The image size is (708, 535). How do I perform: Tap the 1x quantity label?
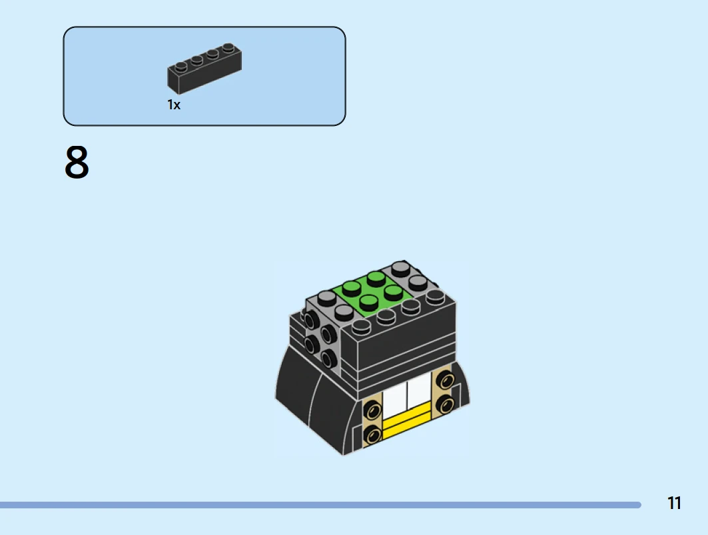point(174,105)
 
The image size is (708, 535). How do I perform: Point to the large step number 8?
point(77,162)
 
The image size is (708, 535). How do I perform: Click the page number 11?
point(674,503)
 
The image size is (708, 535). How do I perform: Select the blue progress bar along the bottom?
point(320,505)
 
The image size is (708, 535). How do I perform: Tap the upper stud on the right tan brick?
point(446,381)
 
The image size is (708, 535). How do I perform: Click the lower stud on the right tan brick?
point(446,404)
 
